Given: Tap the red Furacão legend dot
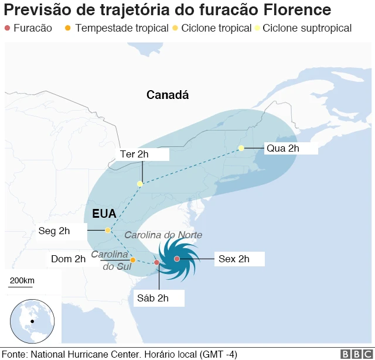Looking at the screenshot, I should [7, 28].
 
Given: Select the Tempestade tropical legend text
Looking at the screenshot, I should [121, 28].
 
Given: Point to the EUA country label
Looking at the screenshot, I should [104, 214].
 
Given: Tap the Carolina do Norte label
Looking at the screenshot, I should [163, 235].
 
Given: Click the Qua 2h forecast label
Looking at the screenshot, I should [283, 148].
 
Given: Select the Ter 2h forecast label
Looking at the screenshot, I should [134, 155].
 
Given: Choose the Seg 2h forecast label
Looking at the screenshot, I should [54, 231].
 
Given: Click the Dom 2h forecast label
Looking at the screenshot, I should [68, 259].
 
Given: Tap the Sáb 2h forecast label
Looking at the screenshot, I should [153, 298].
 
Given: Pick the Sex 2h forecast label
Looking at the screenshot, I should [234, 259].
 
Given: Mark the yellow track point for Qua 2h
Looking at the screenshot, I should [241, 148].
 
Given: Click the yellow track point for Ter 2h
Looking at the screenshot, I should [139, 184].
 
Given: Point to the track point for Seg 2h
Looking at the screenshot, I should [108, 230].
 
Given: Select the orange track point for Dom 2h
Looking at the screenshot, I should [133, 260].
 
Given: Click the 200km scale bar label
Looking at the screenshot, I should [22, 281].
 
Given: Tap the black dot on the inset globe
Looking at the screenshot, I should [32, 321].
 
